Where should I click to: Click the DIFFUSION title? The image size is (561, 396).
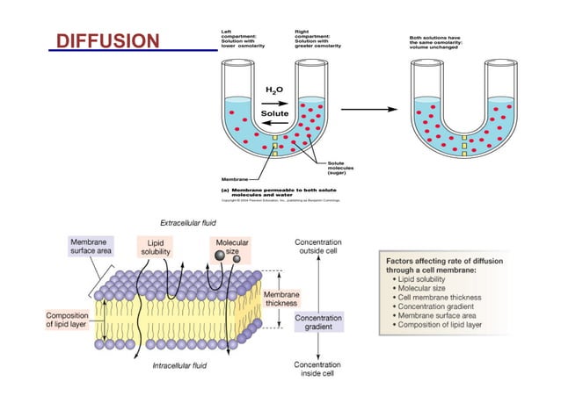point(106,41)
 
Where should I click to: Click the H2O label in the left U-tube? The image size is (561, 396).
point(273,90)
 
